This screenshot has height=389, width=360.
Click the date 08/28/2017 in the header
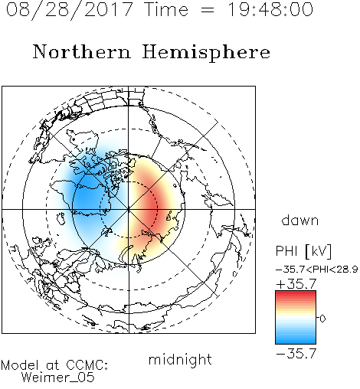click(x=70, y=10)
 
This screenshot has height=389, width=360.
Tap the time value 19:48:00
click(x=270, y=9)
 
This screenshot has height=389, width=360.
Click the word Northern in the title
click(x=82, y=52)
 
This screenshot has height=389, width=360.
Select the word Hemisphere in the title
click(x=206, y=53)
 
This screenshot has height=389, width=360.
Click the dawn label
click(x=300, y=220)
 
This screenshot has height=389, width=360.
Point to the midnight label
click(x=180, y=360)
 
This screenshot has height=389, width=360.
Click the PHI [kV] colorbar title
click(x=303, y=251)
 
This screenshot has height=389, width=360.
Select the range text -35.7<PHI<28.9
click(x=316, y=270)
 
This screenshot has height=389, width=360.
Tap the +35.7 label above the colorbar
click(x=296, y=284)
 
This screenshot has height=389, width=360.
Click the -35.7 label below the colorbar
click(x=296, y=354)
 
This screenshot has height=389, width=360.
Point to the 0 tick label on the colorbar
click(x=322, y=319)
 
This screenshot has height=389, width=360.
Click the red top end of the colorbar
click(x=296, y=293)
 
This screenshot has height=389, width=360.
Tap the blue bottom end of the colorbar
click(x=296, y=342)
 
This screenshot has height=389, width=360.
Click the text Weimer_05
click(x=58, y=378)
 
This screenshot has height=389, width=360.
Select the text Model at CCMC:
click(x=54, y=365)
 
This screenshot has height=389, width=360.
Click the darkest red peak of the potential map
click(x=152, y=208)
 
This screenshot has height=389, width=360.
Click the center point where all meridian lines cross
click(x=129, y=210)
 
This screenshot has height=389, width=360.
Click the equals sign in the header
click(x=208, y=10)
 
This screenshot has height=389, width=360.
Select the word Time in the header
click(x=166, y=9)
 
